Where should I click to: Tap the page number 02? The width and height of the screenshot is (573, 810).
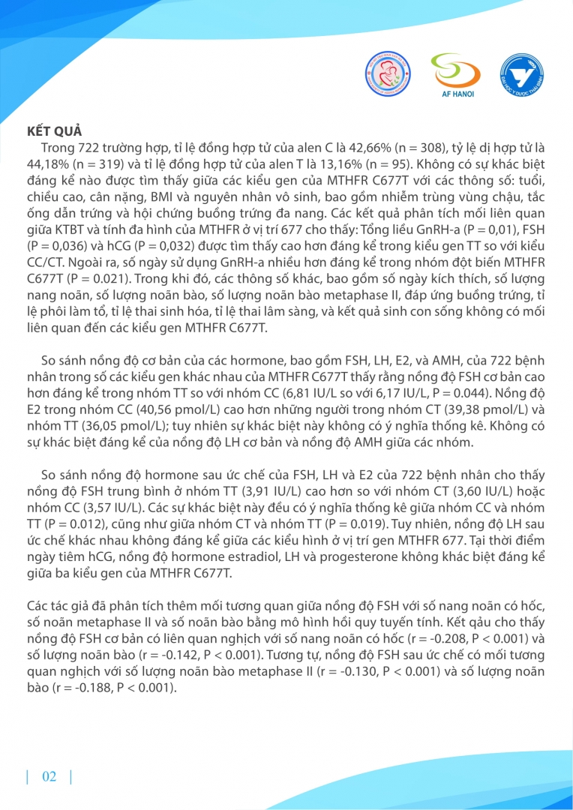click(x=49, y=776)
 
